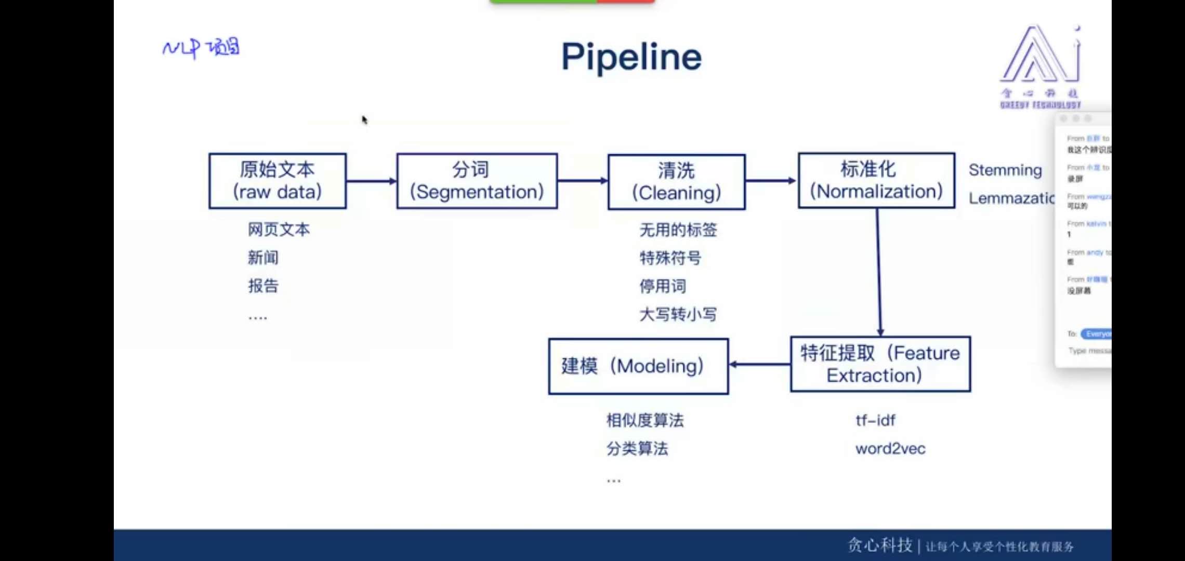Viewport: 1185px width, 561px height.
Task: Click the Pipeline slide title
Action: [x=631, y=57]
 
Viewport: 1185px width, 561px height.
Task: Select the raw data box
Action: [x=278, y=181]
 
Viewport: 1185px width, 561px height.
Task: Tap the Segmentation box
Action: [x=477, y=181]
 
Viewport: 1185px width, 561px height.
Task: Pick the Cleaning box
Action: [x=676, y=182]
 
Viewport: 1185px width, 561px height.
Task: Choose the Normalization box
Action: [x=876, y=180]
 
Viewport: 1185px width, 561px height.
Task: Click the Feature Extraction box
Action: [x=880, y=364]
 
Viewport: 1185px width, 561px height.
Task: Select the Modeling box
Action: [x=638, y=366]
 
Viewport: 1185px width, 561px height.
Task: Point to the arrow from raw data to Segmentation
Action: [x=371, y=181]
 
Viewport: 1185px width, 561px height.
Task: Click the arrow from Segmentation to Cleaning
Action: [x=582, y=181]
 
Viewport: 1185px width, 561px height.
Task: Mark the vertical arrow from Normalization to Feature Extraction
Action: [x=879, y=272]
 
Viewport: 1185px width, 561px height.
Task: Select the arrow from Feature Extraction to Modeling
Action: [x=759, y=364]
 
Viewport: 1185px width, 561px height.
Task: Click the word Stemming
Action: [x=1005, y=170]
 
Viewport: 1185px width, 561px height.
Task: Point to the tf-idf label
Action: [x=875, y=420]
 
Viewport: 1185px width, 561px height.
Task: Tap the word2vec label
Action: [x=890, y=448]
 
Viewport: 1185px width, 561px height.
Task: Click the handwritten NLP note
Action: [x=201, y=48]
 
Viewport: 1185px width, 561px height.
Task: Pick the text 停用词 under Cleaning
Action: [x=663, y=286]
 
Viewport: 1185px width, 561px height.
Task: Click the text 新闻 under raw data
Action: [x=263, y=258]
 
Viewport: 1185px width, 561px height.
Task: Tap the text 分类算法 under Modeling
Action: [x=637, y=448]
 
